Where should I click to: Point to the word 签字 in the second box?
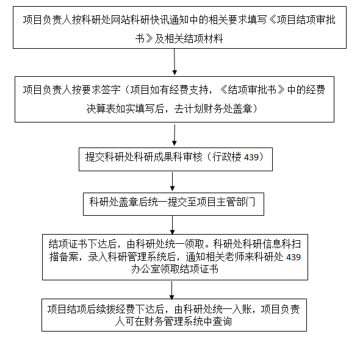[x=111, y=90]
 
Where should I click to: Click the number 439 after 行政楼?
[x=251, y=157]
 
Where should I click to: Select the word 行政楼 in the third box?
[x=227, y=157]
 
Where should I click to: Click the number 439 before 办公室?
[x=293, y=257]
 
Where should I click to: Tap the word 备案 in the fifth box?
[x=69, y=257]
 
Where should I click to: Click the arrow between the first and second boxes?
[x=175, y=62]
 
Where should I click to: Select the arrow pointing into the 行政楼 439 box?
[x=175, y=135]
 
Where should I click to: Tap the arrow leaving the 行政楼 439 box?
[x=172, y=181]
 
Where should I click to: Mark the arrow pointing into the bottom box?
[x=172, y=290]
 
